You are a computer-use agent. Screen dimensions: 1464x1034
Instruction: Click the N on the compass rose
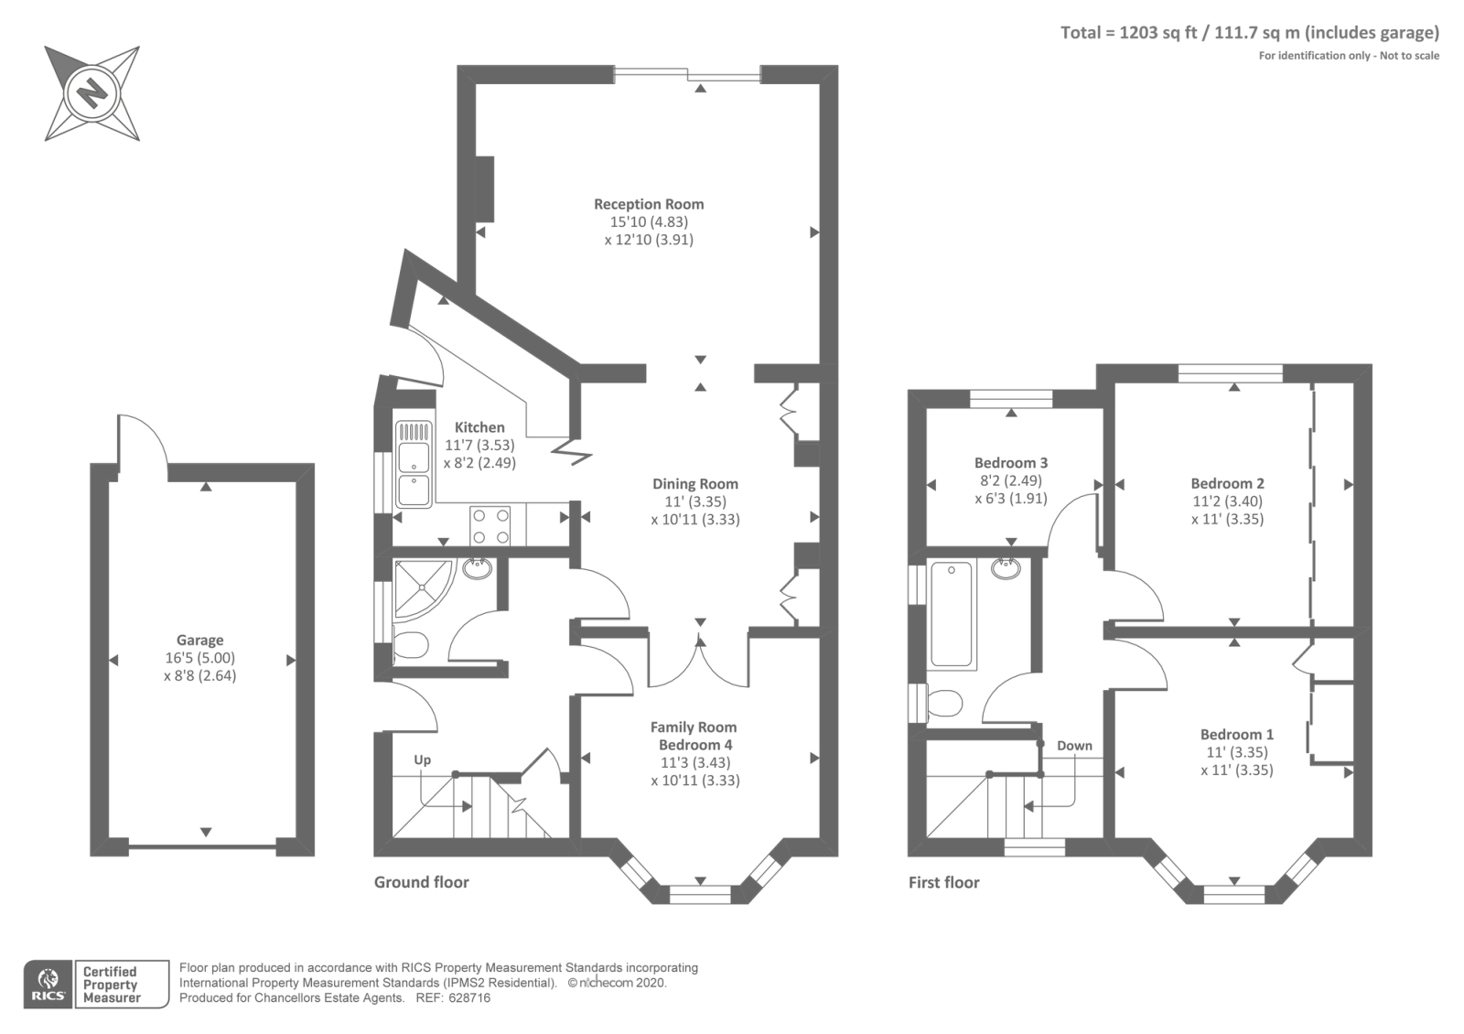(91, 93)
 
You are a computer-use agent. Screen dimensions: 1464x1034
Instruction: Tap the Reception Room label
(649, 204)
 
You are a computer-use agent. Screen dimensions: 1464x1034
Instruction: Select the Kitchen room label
(479, 427)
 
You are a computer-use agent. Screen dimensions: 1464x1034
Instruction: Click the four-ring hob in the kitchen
(490, 526)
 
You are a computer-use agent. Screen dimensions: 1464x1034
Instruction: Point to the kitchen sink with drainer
(414, 464)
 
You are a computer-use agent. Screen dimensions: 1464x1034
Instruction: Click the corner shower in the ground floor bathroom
(423, 588)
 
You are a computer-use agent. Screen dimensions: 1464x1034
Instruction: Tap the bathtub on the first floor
(951, 614)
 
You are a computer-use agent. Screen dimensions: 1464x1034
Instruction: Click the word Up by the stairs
(422, 760)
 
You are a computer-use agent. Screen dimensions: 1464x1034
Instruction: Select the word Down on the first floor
(1074, 746)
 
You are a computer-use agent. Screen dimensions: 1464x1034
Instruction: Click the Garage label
(200, 641)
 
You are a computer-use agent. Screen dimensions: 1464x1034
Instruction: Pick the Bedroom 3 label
(1011, 463)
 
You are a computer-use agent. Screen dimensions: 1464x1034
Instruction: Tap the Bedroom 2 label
(1227, 484)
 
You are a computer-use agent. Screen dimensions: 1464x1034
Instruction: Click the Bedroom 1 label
(1236, 734)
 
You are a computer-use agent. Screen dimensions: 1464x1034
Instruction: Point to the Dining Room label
(695, 484)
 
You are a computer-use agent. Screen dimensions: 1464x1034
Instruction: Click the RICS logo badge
(48, 985)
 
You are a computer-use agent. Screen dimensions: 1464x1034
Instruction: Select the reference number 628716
(470, 998)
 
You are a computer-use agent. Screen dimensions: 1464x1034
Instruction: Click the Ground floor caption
(422, 882)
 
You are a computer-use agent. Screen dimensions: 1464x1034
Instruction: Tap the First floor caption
(943, 883)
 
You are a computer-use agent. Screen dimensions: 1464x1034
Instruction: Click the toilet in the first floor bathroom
(943, 704)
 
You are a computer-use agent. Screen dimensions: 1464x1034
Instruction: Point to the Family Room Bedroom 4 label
(694, 736)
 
